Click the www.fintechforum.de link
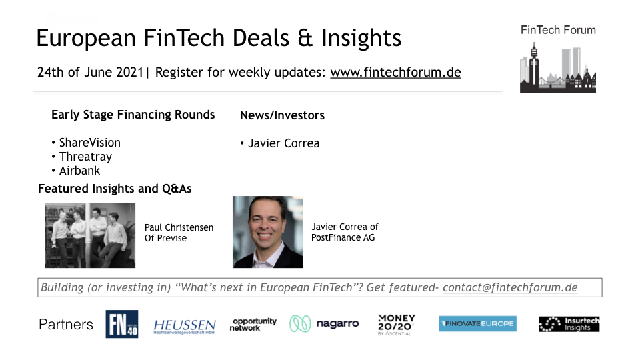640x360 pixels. (x=395, y=72)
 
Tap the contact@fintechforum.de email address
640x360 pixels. (x=510, y=287)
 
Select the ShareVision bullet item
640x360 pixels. (x=90, y=143)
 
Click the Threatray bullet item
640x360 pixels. (x=85, y=157)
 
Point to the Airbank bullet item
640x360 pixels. (x=79, y=171)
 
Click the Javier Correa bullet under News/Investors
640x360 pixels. (x=284, y=144)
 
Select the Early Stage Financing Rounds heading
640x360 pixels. (x=133, y=115)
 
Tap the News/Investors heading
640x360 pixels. (x=282, y=115)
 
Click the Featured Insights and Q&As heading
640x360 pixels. (x=115, y=189)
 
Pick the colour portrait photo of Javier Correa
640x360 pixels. (x=268, y=232)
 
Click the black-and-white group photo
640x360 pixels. (x=90, y=235)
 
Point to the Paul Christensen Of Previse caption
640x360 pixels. (x=179, y=233)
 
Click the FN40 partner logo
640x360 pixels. (x=121, y=324)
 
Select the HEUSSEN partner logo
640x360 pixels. (x=185, y=326)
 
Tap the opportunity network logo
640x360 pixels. (x=253, y=325)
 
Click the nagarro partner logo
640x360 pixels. (x=324, y=324)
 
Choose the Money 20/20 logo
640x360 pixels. (x=396, y=325)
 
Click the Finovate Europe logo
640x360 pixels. (x=477, y=324)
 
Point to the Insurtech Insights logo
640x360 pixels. (x=569, y=324)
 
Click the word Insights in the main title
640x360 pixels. (x=361, y=39)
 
